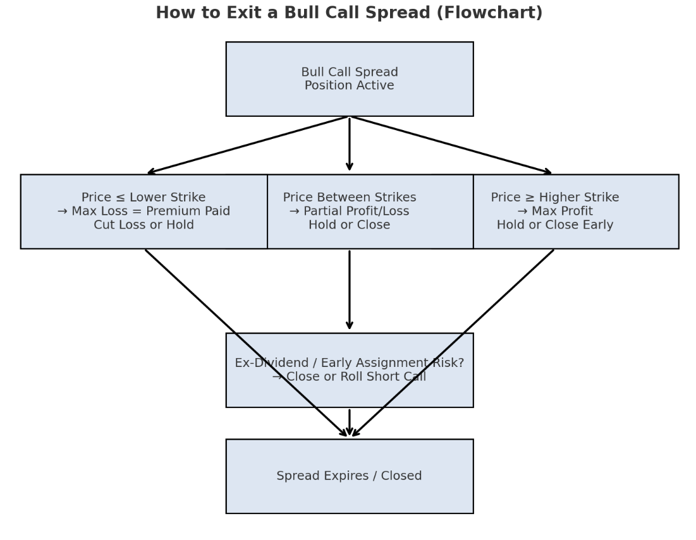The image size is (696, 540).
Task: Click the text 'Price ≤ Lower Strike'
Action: click(x=143, y=198)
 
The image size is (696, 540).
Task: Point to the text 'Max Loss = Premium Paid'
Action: click(x=150, y=212)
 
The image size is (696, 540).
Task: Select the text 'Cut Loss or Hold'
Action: click(x=143, y=225)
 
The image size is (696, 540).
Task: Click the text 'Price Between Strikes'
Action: click(x=349, y=198)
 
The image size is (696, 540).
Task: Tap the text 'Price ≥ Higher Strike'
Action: click(x=554, y=198)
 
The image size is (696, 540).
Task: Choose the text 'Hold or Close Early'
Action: click(x=554, y=225)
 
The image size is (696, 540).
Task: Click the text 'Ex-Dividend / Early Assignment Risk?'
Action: click(x=349, y=363)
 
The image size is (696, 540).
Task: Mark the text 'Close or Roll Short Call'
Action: click(x=356, y=377)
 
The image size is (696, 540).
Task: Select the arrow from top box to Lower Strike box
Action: click(x=247, y=145)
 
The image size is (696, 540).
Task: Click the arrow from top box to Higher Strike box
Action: click(x=452, y=145)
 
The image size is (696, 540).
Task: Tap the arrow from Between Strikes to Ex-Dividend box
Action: click(x=349, y=291)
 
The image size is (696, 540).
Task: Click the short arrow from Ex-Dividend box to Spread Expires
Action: click(x=349, y=422)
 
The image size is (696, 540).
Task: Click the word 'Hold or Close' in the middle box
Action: click(x=349, y=225)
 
